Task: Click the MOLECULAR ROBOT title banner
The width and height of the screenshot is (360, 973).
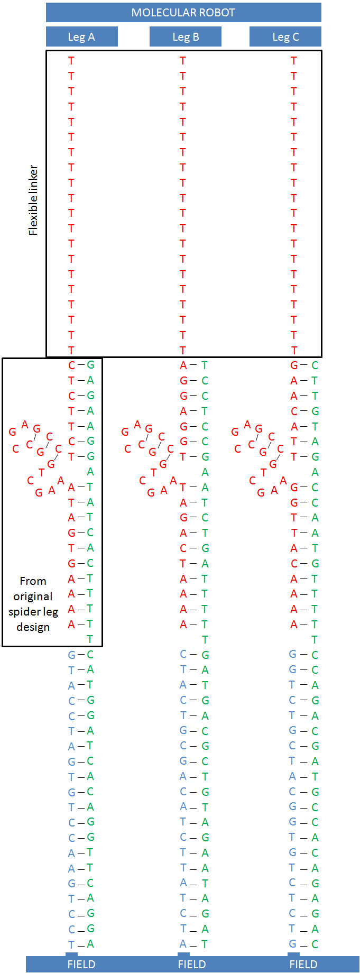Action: click(183, 13)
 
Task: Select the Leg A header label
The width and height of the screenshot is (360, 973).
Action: click(81, 37)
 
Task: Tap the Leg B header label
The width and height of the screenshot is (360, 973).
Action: click(186, 37)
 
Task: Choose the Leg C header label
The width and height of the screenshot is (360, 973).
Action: click(285, 37)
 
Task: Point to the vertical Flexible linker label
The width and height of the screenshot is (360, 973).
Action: click(33, 200)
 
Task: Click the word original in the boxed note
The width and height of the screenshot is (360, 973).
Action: click(33, 596)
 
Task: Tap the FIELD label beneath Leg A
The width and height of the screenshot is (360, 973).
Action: click(81, 965)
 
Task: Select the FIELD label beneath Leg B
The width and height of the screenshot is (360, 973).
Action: click(192, 965)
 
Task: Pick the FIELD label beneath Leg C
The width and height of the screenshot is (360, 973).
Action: click(303, 965)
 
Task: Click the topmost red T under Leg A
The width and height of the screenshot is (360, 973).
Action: click(71, 61)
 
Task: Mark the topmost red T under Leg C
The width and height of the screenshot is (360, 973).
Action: click(294, 61)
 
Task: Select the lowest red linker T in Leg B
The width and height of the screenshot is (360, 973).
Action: click(183, 350)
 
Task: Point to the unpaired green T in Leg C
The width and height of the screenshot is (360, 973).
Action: click(315, 639)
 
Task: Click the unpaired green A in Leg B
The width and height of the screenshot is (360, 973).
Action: click(205, 472)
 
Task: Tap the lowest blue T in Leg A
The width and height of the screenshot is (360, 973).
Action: click(71, 944)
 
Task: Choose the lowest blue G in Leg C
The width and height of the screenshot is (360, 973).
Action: click(292, 944)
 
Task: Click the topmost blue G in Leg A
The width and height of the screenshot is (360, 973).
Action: click(71, 655)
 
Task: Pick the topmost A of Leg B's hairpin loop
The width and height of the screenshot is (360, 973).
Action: click(137, 424)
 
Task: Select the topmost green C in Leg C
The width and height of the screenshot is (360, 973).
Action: click(315, 365)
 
